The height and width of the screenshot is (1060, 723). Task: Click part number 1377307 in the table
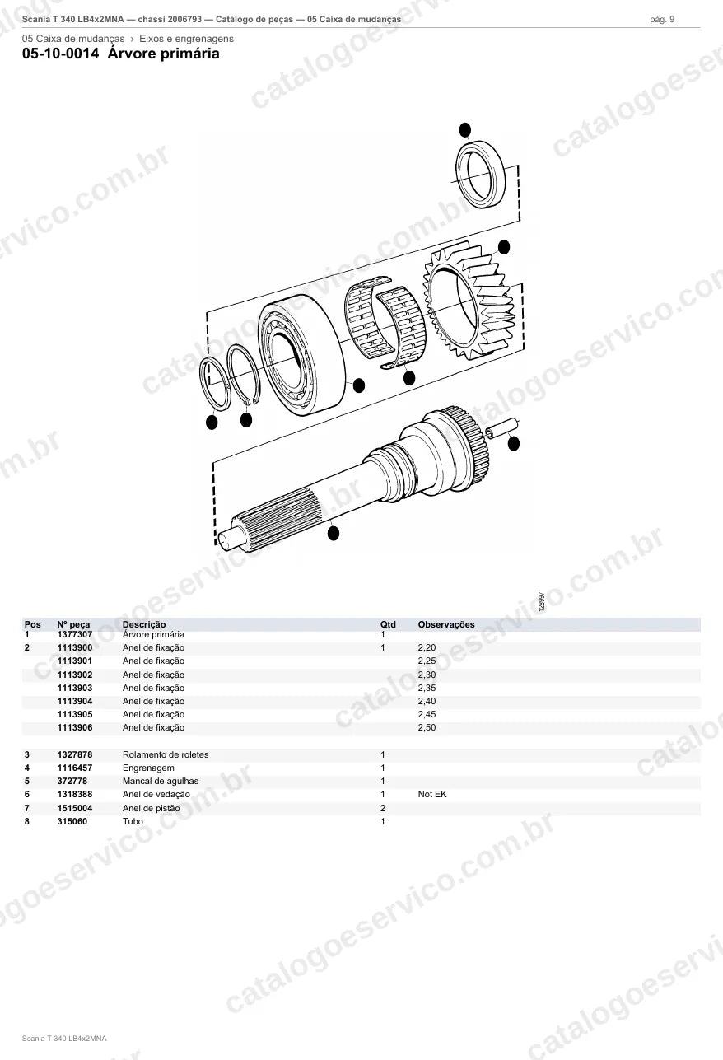[75, 634]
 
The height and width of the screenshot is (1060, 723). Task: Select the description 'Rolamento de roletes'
[166, 754]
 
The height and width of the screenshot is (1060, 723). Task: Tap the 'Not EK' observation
[432, 795]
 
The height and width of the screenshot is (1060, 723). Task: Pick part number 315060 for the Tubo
[72, 821]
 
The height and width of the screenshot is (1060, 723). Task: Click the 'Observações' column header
[445, 624]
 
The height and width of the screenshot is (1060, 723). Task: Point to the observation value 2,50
[427, 728]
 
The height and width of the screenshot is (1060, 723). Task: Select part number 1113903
[75, 688]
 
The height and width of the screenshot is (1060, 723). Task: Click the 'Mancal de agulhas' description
[161, 782]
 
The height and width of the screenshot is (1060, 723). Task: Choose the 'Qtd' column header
[388, 624]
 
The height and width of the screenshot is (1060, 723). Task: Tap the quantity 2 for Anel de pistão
[383, 808]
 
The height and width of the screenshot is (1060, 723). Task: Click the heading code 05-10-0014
[61, 54]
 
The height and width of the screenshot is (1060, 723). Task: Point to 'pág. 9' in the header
[662, 20]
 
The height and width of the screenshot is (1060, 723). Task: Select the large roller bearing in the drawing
[302, 355]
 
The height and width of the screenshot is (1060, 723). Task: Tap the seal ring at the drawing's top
[481, 174]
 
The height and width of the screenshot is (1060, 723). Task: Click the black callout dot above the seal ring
[465, 129]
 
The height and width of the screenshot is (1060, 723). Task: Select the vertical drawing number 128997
[542, 601]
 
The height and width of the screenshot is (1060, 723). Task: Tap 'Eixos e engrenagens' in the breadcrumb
[186, 39]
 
